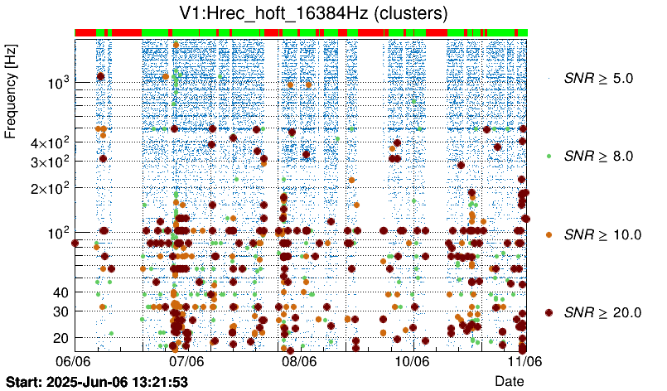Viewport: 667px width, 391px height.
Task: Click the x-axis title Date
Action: coord(510,380)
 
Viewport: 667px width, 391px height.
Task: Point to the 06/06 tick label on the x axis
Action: coord(74,362)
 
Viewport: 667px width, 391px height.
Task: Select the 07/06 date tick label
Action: coord(186,362)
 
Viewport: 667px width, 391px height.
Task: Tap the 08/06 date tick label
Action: coord(299,362)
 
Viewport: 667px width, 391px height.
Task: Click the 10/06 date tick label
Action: coord(412,362)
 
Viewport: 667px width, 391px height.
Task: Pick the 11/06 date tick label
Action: coord(524,362)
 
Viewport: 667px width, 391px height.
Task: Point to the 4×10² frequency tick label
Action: coord(47,143)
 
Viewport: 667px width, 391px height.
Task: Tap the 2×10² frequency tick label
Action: coord(47,188)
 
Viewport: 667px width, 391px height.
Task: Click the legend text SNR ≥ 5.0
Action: coord(598,79)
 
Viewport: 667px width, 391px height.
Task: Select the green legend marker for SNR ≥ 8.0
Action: coord(549,156)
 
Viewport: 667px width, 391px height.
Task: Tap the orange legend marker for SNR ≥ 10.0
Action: coord(549,234)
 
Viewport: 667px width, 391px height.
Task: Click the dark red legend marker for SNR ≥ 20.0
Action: coord(549,312)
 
